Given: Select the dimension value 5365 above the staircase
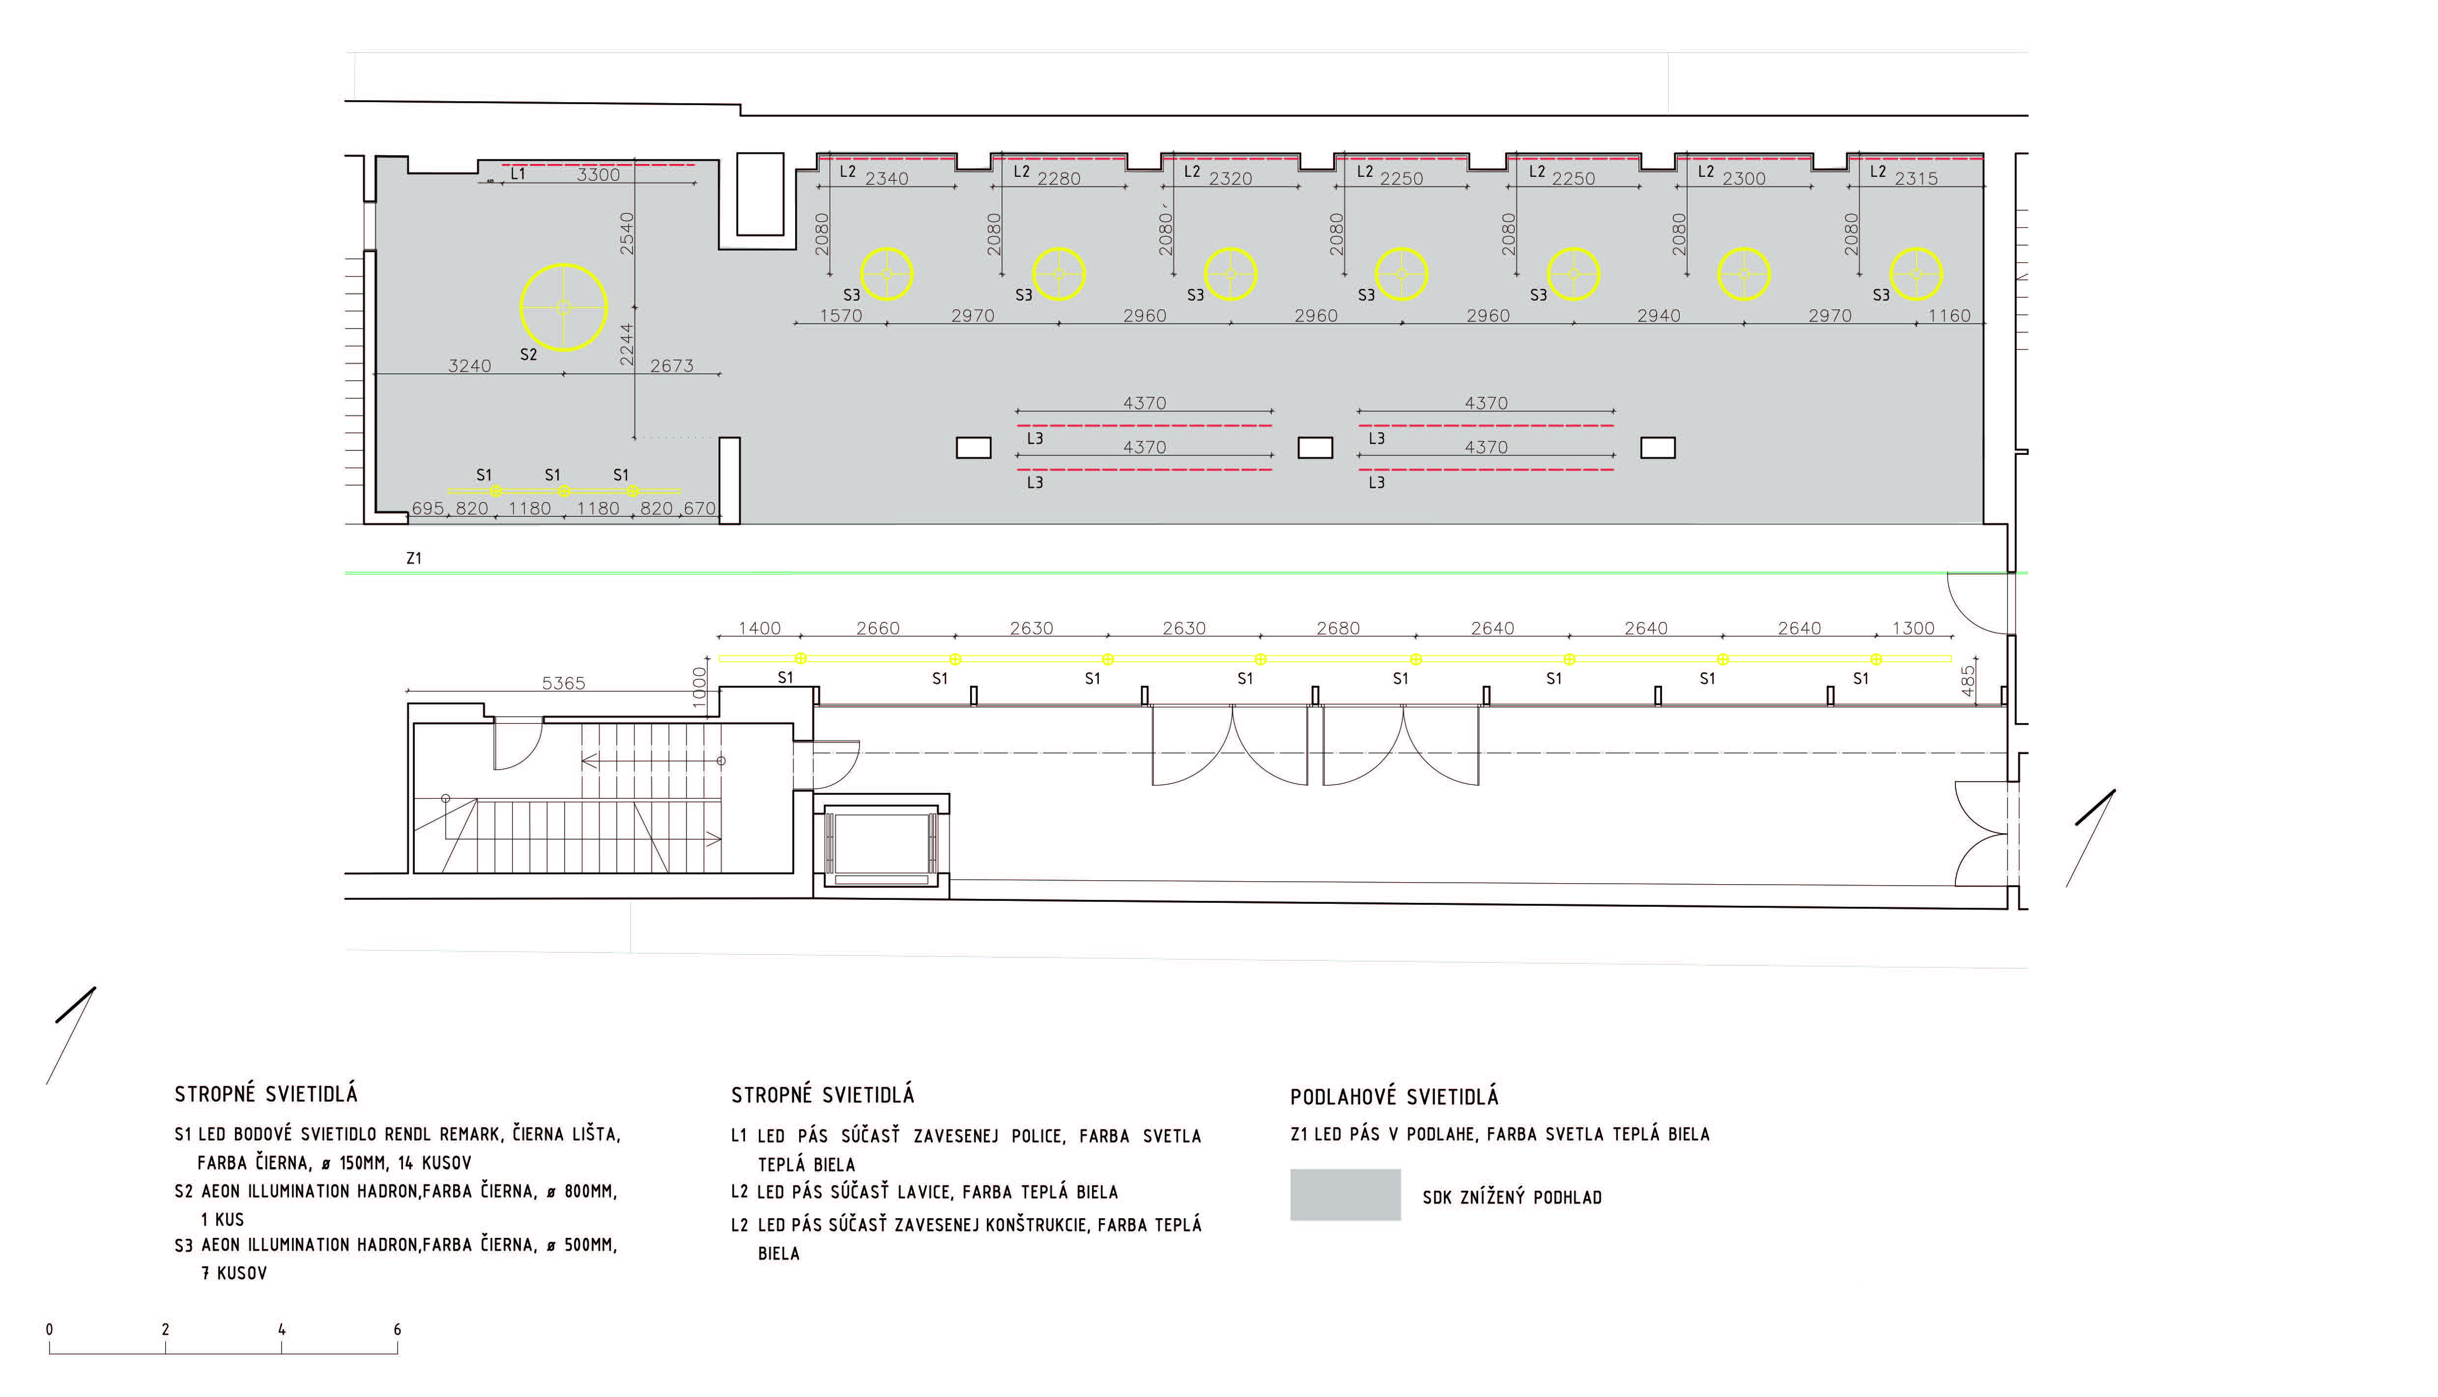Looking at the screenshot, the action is (x=563, y=683).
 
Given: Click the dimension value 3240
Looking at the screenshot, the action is (x=469, y=365).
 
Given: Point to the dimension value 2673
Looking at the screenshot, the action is (x=672, y=365).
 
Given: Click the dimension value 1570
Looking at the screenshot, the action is (x=841, y=316).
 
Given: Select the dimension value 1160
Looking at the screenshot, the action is (x=1950, y=316).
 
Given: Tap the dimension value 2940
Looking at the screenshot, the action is (x=1659, y=316).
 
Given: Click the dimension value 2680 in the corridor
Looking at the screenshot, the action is (x=1338, y=628).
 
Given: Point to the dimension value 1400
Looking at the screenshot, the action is (x=759, y=628).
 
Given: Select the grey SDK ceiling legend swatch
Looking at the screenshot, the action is (x=1345, y=1195).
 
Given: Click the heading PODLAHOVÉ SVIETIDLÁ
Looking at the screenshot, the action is (x=1394, y=1097).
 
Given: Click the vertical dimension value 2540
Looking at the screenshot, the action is (x=627, y=233).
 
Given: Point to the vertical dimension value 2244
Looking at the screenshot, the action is (x=627, y=343).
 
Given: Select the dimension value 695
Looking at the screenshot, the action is (x=428, y=508).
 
